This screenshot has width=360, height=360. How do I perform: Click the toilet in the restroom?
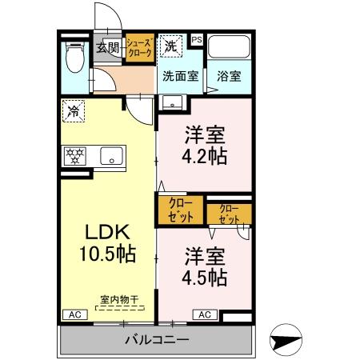75,57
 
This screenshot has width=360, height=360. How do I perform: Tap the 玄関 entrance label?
107,48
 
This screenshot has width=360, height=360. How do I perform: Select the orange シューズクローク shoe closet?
140,48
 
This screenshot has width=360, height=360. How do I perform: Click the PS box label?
197,40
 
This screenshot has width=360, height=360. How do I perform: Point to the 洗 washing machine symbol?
170,46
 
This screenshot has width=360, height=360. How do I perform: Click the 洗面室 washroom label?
181,77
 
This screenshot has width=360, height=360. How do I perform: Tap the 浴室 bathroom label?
229,77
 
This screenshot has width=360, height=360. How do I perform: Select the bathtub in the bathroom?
229,47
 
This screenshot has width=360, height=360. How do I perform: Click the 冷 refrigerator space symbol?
74,111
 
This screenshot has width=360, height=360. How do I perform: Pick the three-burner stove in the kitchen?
75,156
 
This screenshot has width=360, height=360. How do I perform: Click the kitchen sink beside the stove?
112,156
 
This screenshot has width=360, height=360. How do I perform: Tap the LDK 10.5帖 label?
108,242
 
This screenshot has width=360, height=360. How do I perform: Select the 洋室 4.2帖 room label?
205,145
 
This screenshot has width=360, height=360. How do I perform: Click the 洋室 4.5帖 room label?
205,266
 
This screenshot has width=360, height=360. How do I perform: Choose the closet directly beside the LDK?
181,210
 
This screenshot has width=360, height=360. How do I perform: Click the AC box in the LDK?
75,314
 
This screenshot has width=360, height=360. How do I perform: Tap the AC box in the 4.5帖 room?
205,314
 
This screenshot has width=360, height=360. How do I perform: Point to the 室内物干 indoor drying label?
119,299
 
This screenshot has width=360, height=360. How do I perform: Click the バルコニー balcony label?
158,340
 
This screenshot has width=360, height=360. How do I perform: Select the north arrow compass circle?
286,340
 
